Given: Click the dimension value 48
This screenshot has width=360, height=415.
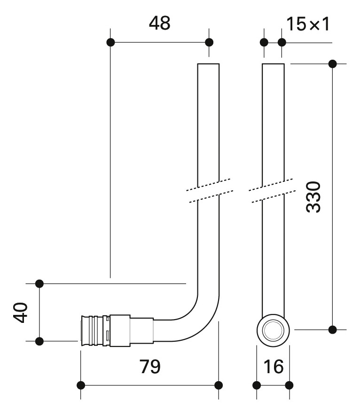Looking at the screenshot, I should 159,23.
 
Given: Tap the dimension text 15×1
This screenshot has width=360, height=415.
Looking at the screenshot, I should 308,23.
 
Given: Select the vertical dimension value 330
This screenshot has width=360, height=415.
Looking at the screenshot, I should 313,196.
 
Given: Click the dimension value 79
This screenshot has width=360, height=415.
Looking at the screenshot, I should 150,367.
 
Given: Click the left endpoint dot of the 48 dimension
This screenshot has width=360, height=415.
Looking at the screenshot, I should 110,42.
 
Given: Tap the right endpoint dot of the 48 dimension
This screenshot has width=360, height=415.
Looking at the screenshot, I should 209,42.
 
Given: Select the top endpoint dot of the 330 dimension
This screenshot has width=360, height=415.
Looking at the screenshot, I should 332,64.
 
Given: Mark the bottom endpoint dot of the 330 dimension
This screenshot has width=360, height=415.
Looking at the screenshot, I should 332,329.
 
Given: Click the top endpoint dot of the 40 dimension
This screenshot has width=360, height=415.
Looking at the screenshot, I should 39,283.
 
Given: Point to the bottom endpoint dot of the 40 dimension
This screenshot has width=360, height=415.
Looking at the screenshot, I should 39,341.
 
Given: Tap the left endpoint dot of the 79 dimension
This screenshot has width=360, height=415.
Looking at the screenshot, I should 81,385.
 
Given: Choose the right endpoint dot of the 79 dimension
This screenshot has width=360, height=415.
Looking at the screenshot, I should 219,385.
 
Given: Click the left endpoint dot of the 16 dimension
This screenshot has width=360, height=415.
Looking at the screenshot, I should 256,385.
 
